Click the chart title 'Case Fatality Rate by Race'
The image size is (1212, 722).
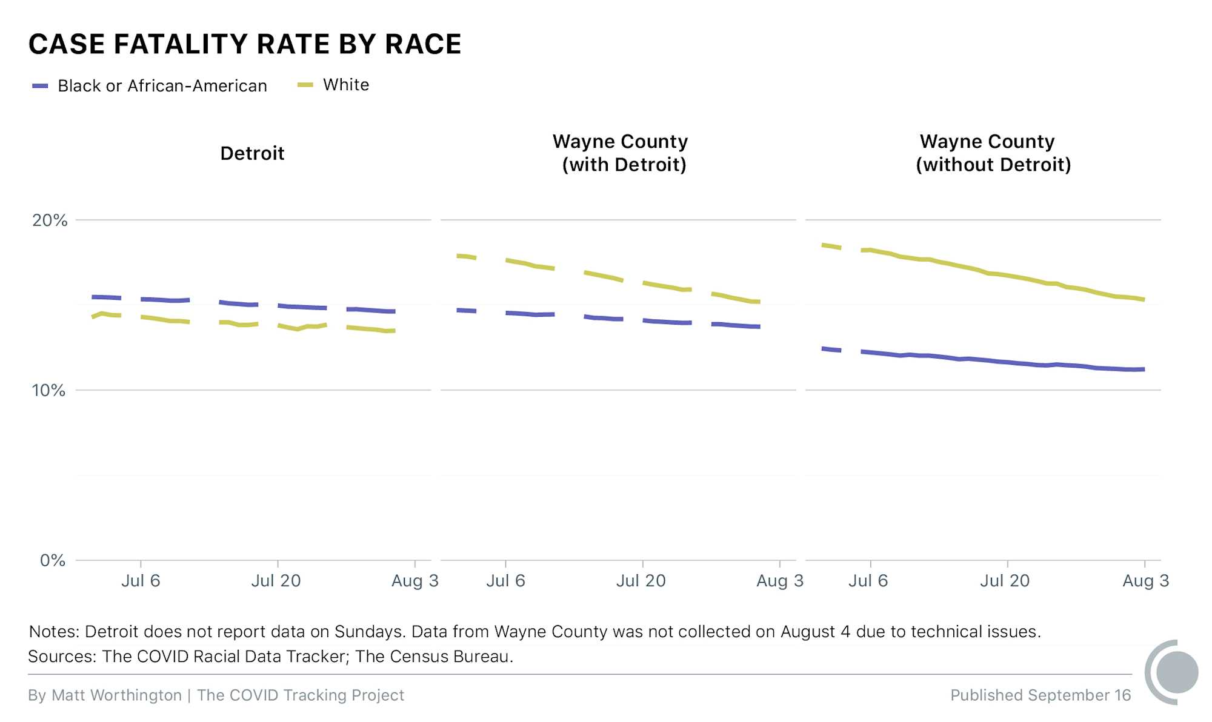coord(245,44)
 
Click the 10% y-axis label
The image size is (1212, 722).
coord(48,390)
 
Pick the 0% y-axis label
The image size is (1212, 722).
coord(52,560)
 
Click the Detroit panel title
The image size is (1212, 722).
coord(252,153)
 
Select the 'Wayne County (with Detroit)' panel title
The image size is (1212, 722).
coord(621,153)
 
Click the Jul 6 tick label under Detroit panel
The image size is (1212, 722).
coord(141,580)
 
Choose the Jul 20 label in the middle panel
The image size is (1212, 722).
coord(641,580)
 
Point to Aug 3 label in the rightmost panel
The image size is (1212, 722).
coord(1145,580)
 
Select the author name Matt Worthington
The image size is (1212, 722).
coord(116,695)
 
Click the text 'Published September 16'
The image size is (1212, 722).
coord(1040,695)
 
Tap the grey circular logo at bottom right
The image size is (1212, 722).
coord(1174,672)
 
